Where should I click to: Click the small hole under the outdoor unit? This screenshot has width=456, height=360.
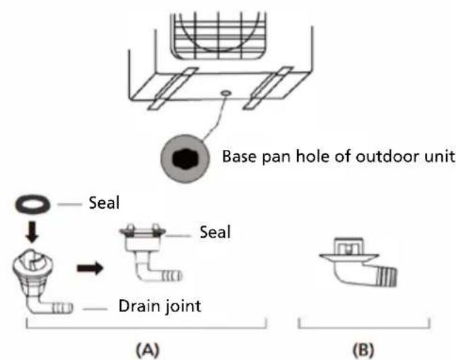click(x=225, y=92)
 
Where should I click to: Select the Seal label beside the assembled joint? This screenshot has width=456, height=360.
click(x=214, y=232)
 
